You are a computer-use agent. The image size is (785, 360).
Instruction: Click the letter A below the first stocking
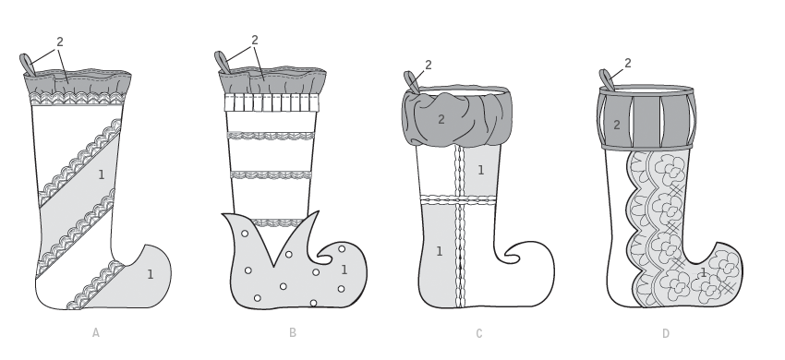point(96,332)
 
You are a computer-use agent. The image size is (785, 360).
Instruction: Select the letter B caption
point(293,332)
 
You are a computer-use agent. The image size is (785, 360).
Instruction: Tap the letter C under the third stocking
point(479,333)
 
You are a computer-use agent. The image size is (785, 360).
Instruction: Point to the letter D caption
point(665,333)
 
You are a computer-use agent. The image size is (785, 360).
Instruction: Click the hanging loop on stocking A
point(27,66)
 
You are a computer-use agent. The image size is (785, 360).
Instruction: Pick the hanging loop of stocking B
point(222,63)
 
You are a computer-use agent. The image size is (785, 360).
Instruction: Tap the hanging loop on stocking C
point(412,82)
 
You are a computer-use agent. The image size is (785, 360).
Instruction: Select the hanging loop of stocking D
point(607,80)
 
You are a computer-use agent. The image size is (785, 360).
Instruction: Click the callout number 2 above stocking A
point(60,42)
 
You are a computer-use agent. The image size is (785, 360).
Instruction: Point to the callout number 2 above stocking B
point(255,40)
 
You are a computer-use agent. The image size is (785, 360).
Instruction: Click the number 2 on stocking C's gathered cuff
point(441,119)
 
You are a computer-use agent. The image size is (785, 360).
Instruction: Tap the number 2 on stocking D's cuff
point(617,125)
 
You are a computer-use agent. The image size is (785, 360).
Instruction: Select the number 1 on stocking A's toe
point(151,274)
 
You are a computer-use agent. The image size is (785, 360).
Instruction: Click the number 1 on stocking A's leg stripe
point(102,174)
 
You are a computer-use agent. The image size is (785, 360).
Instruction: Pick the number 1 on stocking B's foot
point(344,270)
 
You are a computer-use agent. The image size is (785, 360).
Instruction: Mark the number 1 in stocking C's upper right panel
point(480,170)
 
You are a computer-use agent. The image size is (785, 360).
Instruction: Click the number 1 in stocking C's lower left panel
point(439,251)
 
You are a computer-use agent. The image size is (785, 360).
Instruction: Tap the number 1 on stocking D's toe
point(704,273)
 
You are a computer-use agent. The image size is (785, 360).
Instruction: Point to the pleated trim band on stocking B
point(272,102)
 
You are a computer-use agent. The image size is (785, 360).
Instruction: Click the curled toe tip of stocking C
point(507,256)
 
